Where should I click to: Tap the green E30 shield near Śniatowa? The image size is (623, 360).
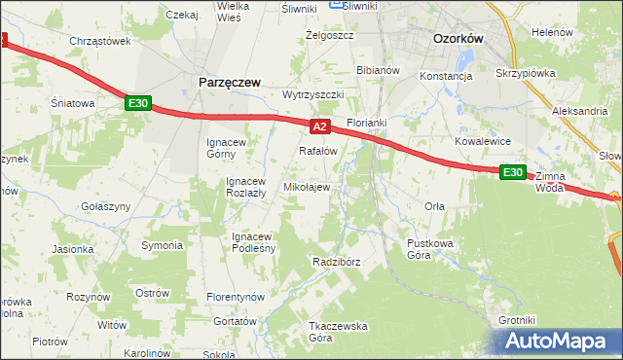137,103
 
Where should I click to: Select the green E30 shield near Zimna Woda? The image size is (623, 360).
513,172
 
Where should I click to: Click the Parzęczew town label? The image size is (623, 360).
230,83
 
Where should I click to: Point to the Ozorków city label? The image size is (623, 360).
458,39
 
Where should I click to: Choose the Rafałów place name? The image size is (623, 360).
317,151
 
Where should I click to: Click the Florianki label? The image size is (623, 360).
367,124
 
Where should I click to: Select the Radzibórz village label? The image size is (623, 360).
338,263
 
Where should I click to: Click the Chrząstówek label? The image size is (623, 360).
100,41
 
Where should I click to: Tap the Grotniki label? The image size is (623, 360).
517,319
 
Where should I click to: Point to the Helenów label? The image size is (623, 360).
552,32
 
